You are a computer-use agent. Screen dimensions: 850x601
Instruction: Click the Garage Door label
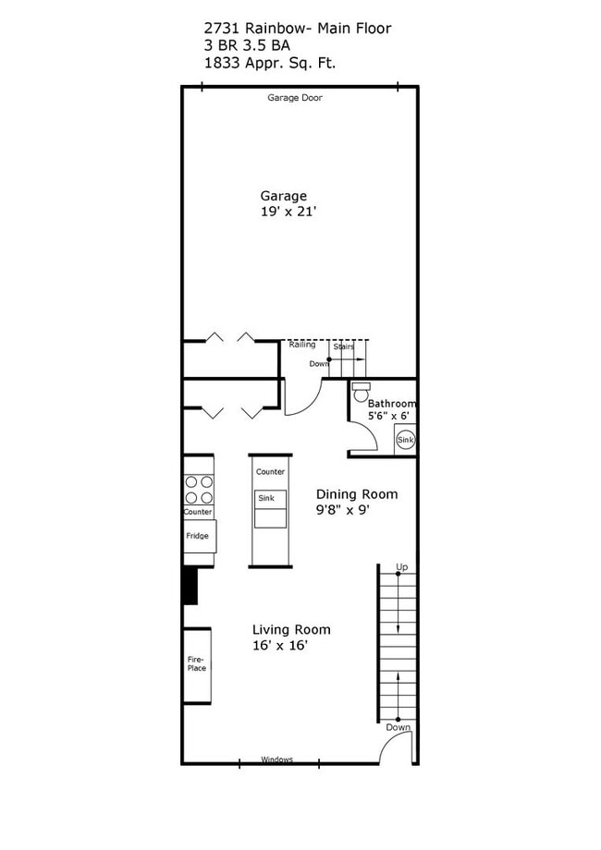click(x=294, y=97)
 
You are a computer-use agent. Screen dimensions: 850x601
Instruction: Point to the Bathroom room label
click(x=392, y=404)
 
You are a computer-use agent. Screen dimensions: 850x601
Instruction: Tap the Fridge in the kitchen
click(x=197, y=536)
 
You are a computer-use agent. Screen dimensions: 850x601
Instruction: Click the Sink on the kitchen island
click(x=266, y=498)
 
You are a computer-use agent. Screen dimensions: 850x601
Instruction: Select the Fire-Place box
click(x=197, y=663)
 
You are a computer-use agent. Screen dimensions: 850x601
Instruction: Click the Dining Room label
click(x=357, y=494)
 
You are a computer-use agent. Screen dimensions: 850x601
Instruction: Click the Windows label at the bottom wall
click(x=276, y=759)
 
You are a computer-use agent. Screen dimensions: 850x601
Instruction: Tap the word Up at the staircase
click(x=401, y=566)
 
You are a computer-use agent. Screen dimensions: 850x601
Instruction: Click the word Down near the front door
click(x=399, y=727)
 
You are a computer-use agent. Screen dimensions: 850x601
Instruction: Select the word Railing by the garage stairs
click(x=301, y=345)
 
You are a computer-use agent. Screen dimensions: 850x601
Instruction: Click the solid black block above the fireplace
click(x=190, y=586)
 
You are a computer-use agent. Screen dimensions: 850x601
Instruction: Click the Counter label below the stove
click(x=198, y=512)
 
